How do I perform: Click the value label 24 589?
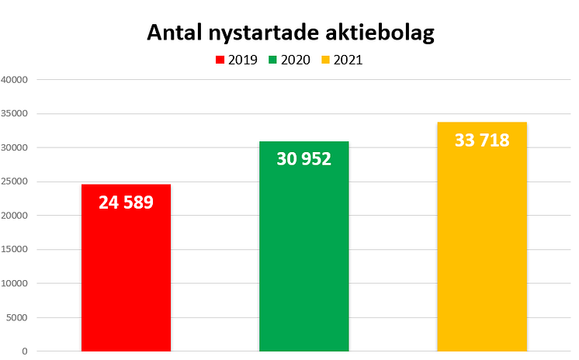[x=126, y=202]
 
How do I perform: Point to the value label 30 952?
[x=303, y=159]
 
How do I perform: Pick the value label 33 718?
[x=481, y=140]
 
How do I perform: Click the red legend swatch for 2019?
[x=220, y=60]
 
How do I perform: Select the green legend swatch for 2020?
[x=273, y=60]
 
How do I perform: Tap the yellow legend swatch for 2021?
[x=326, y=60]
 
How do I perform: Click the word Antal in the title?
[x=175, y=34]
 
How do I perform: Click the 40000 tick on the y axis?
[x=15, y=80]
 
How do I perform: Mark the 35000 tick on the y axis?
[x=15, y=114]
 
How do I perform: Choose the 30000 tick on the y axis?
[x=15, y=148]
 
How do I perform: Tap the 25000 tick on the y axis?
[x=15, y=182]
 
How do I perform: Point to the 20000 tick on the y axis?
[x=15, y=216]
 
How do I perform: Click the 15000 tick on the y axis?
[x=15, y=250]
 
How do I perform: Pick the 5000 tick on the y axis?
[x=17, y=317]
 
